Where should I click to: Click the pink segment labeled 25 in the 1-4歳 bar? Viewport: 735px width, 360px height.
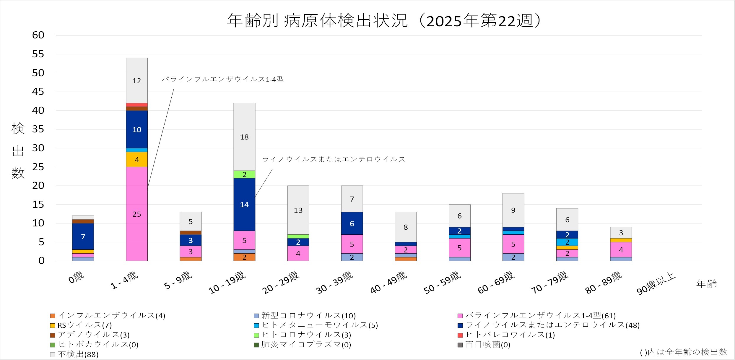[x=136, y=214]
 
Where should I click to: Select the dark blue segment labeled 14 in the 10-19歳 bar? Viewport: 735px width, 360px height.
[x=244, y=204]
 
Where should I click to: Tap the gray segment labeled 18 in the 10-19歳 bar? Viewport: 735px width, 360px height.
[x=244, y=137]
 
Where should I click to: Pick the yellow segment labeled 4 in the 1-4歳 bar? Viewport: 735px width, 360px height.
[x=136, y=160]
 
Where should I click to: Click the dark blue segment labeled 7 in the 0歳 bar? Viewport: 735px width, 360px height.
[x=83, y=236]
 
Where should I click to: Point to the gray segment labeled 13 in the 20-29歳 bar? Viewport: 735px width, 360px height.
[x=298, y=210]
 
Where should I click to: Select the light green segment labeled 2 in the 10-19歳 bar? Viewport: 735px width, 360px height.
[x=244, y=174]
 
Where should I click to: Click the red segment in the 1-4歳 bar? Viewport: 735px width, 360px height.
[x=136, y=105]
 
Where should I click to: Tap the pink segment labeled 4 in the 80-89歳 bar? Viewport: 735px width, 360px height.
[x=621, y=250]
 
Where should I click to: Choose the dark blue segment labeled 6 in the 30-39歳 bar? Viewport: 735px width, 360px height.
[x=352, y=223]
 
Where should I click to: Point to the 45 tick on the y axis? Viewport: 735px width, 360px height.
[x=38, y=92]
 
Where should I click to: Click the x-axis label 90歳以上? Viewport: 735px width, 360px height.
[x=656, y=284]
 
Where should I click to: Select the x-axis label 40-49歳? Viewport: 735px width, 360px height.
[x=389, y=283]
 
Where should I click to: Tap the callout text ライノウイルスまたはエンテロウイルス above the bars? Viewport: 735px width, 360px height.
[x=334, y=159]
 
